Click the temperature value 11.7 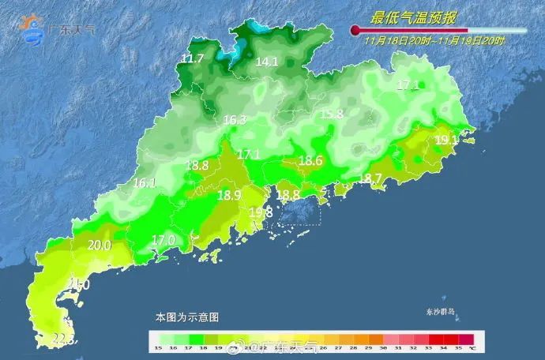[193, 59]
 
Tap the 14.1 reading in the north [267, 61]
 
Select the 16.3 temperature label [235, 120]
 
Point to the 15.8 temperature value [332, 114]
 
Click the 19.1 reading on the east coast [447, 140]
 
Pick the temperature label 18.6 [310, 161]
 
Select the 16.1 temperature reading [145, 182]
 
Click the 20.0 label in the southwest [99, 246]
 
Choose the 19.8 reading [261, 212]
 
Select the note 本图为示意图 [186, 317]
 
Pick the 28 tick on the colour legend [349, 347]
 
